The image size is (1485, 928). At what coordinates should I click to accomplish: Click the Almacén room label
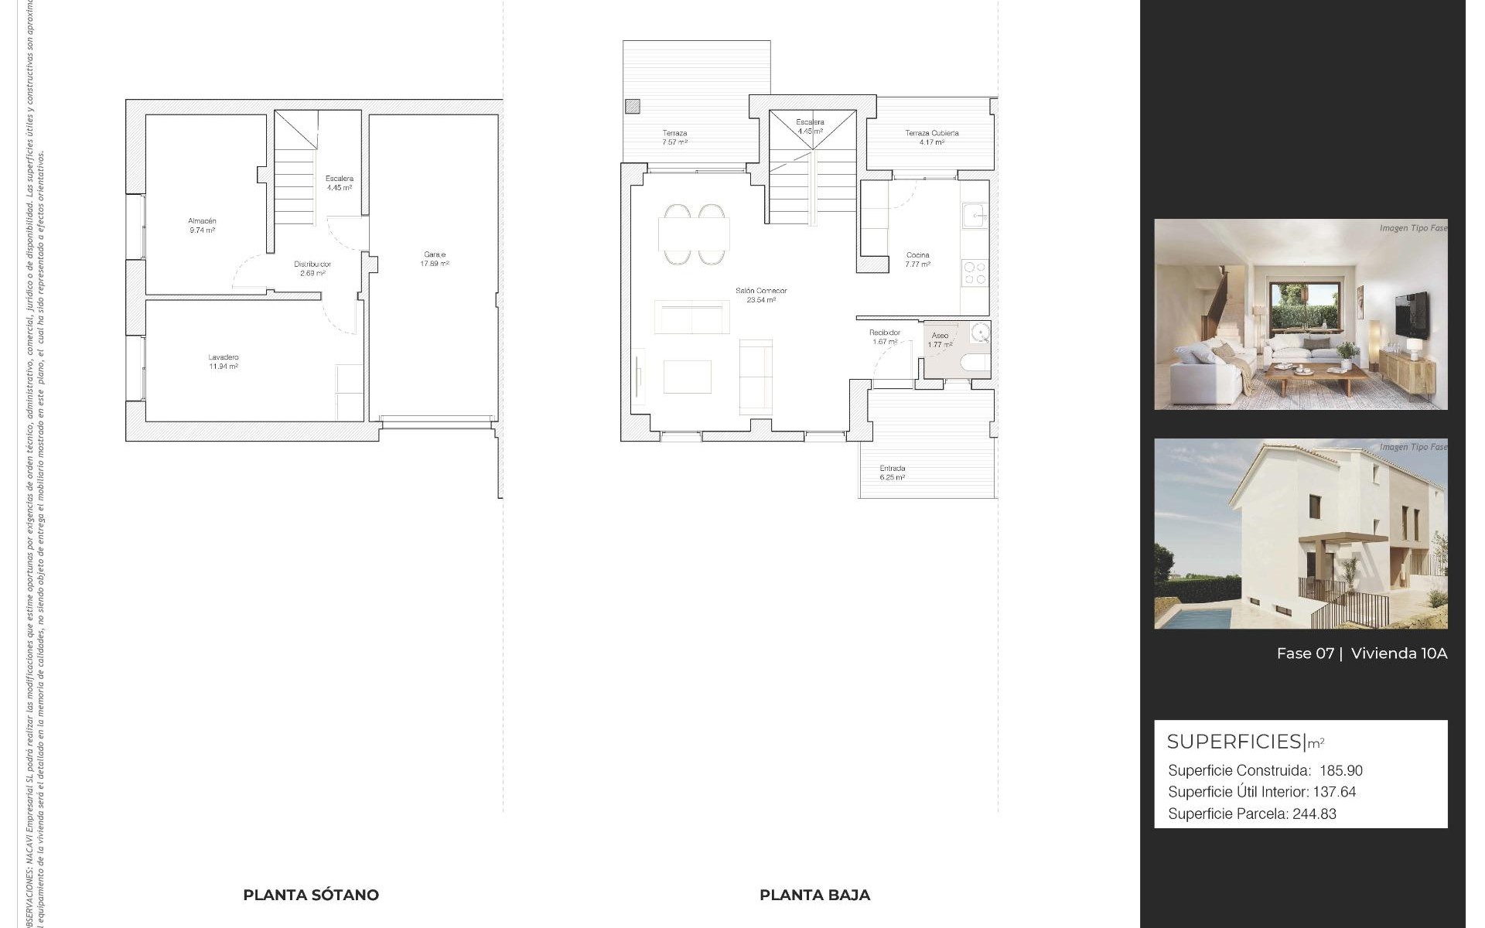pyautogui.click(x=202, y=221)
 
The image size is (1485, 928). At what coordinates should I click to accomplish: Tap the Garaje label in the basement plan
pyautogui.click(x=434, y=254)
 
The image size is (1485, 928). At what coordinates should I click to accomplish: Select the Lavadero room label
pyautogui.click(x=223, y=357)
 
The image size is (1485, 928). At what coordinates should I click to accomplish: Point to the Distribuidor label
pyautogui.click(x=312, y=264)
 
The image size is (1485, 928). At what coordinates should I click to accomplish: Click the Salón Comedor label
pyautogui.click(x=761, y=291)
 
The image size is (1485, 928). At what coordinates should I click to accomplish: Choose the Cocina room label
pyautogui.click(x=918, y=254)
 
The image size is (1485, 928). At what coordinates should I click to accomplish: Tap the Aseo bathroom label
pyautogui.click(x=940, y=336)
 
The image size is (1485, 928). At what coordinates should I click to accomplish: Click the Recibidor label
pyautogui.click(x=885, y=333)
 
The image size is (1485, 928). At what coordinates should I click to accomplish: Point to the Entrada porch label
pyautogui.click(x=892, y=468)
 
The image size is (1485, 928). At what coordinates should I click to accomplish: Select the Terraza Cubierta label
pyautogui.click(x=932, y=133)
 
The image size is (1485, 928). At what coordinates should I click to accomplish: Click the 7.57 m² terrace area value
pyautogui.click(x=674, y=142)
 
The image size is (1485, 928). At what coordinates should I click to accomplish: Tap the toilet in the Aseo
pyautogui.click(x=974, y=363)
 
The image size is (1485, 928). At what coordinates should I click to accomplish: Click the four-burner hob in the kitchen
pyautogui.click(x=975, y=273)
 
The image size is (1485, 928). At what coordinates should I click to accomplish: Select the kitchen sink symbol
pyautogui.click(x=973, y=215)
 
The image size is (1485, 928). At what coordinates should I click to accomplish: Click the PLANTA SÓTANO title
pyautogui.click(x=311, y=895)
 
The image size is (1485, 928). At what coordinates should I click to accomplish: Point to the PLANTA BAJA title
pyautogui.click(x=814, y=895)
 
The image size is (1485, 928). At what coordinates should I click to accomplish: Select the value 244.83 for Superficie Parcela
pyautogui.click(x=1314, y=814)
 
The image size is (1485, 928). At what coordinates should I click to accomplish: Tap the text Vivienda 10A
pyautogui.click(x=1398, y=653)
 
